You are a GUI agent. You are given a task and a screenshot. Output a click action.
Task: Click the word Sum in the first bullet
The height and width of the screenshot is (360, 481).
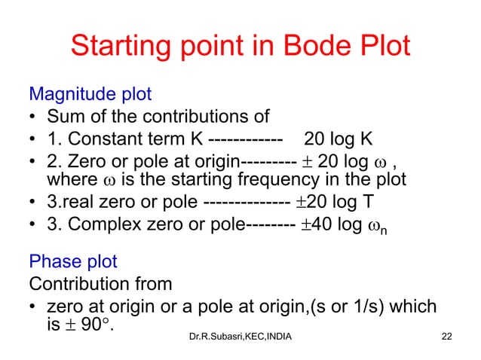pyautogui.click(x=65, y=117)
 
